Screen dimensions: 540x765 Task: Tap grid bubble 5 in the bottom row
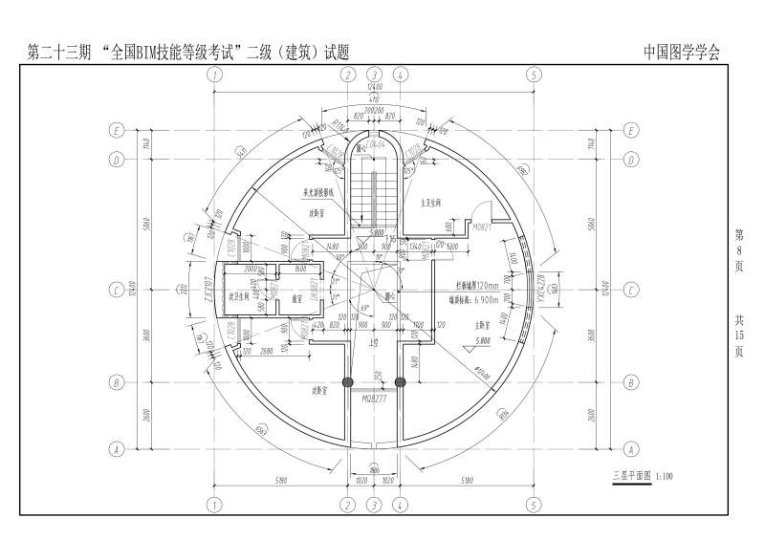point(534,504)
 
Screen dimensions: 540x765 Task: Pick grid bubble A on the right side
point(630,448)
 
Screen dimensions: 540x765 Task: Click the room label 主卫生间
point(435,202)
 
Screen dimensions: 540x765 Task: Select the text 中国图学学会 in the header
point(681,53)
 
